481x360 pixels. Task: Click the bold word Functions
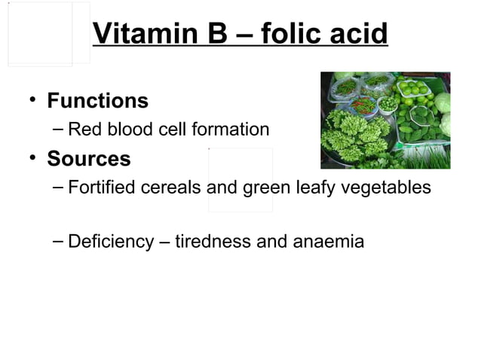coord(97,100)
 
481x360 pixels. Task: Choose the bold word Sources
coord(88,160)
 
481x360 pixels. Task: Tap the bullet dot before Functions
coord(30,99)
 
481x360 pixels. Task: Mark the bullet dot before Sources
coord(30,158)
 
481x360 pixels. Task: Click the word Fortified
coord(98,187)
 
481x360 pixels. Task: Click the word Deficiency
coord(111,242)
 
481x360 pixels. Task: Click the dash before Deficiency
coord(59,241)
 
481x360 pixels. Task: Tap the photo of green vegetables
coord(385,120)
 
